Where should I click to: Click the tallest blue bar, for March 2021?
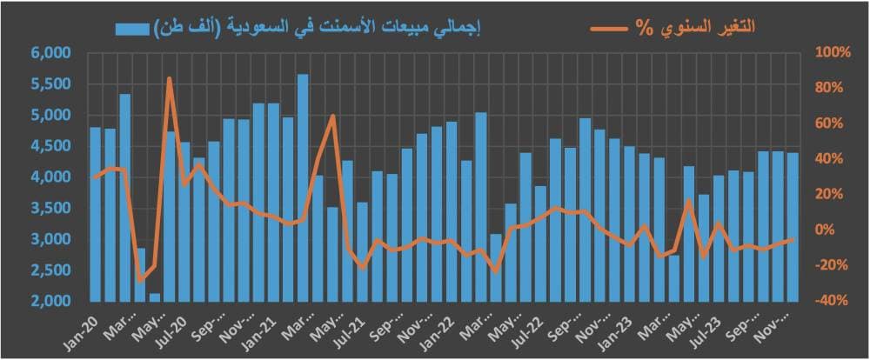(303, 187)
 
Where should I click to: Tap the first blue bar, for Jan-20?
(96, 214)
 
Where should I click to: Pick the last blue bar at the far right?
(793, 226)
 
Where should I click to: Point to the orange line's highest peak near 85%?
(170, 79)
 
